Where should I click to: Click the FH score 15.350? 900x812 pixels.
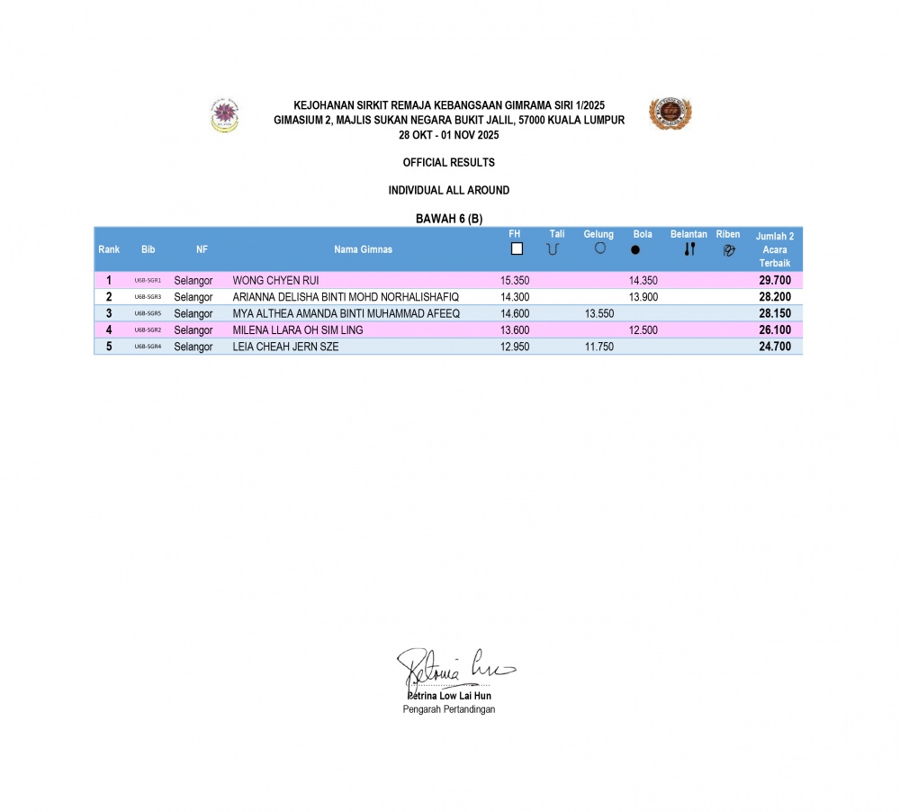click(x=515, y=281)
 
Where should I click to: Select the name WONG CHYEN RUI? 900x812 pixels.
click(x=275, y=281)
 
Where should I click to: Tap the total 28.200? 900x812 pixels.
click(x=774, y=297)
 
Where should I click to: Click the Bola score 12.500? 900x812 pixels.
click(x=643, y=330)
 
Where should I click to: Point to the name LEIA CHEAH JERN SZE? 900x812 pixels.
click(x=285, y=347)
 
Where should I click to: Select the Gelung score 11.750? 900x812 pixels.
click(x=599, y=347)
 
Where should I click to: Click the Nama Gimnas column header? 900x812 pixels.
click(x=363, y=249)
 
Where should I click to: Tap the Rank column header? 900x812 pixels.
click(x=109, y=249)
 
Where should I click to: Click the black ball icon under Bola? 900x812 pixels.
click(x=635, y=250)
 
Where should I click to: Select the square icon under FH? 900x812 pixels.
click(x=517, y=249)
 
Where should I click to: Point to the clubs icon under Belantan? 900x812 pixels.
click(x=689, y=249)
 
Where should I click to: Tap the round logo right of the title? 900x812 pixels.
click(x=670, y=113)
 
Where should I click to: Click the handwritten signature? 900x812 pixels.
click(x=454, y=667)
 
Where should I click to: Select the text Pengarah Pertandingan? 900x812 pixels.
click(x=448, y=709)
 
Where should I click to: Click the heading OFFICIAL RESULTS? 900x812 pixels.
click(x=448, y=163)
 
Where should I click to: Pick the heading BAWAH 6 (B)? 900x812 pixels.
click(x=449, y=219)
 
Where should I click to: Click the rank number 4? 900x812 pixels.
click(x=109, y=330)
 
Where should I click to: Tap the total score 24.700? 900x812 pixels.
click(x=774, y=347)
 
